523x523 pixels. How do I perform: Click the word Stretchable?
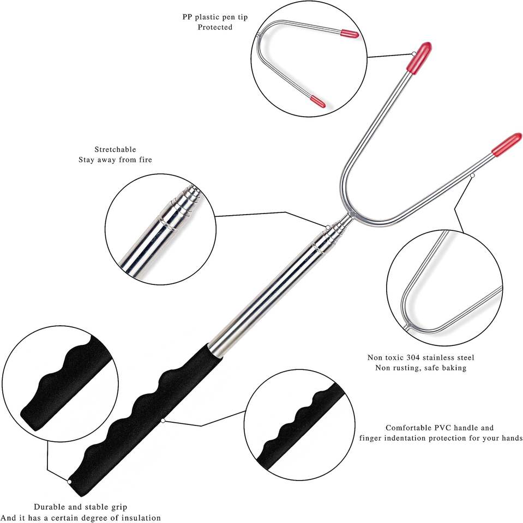tap(115, 149)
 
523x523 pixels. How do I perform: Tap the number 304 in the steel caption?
tap(413, 357)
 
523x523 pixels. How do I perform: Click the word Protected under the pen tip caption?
tap(214, 27)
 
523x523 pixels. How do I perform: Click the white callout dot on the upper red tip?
tap(414, 53)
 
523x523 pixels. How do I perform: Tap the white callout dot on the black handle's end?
tap(70, 482)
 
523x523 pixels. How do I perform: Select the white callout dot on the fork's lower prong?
tap(472, 175)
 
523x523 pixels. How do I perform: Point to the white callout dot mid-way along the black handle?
tap(163, 420)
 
